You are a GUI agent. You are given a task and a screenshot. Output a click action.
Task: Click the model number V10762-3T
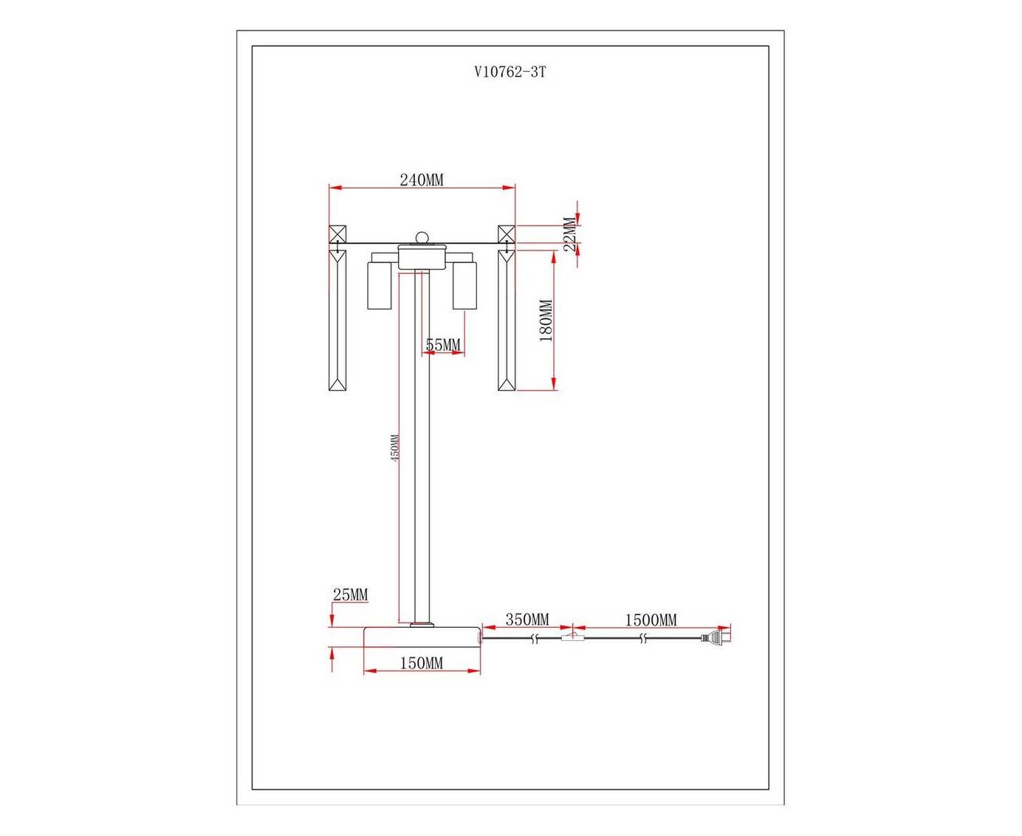click(x=510, y=72)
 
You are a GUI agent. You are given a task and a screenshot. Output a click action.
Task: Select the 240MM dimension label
click(x=421, y=180)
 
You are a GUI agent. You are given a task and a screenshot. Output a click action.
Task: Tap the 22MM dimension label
click(x=570, y=233)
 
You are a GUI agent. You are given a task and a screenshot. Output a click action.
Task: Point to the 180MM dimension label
click(x=546, y=321)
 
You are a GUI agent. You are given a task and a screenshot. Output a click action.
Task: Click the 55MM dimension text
click(x=443, y=345)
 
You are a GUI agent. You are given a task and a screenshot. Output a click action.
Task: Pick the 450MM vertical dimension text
click(x=394, y=448)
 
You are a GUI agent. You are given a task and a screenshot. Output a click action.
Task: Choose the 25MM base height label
click(x=350, y=595)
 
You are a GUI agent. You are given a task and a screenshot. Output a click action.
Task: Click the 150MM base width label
click(x=421, y=663)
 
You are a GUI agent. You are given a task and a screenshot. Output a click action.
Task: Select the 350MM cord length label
click(x=527, y=620)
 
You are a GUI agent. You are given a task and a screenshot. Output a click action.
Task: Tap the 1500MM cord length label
click(x=651, y=620)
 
